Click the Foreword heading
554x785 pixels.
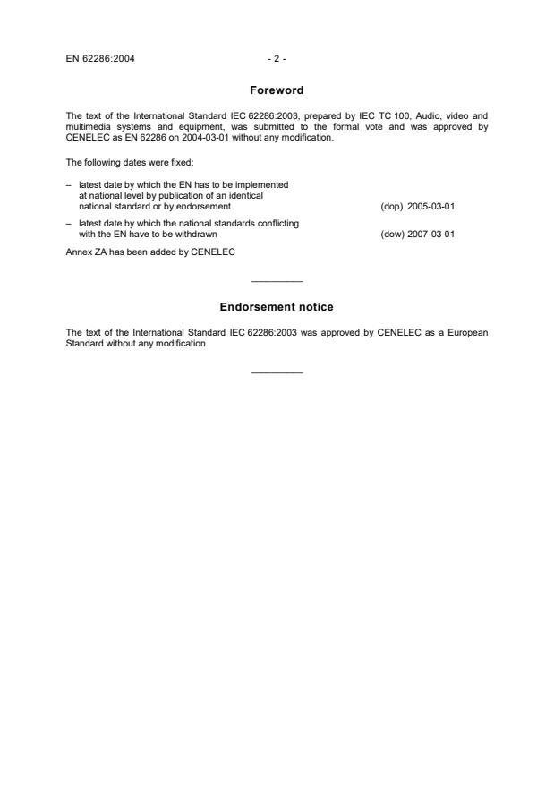277,90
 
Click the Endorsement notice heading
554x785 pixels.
277,307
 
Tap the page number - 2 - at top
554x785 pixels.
277,59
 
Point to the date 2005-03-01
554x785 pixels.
430,206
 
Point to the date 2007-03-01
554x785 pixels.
430,235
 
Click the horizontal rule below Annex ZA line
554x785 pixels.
277,283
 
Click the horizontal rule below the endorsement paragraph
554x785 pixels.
277,372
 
